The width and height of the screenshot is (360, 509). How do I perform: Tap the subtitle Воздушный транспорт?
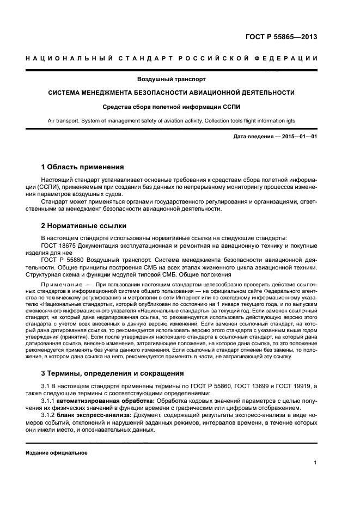point(179,79)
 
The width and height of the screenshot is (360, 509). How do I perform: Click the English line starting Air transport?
point(179,121)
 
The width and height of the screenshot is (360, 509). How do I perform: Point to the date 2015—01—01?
point(298,136)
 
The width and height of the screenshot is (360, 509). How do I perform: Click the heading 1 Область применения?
point(83,167)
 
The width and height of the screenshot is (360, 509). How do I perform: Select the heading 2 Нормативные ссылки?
point(84,225)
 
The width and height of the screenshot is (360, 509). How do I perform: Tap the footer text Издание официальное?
point(57,452)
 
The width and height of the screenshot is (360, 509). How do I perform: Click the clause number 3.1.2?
point(50,414)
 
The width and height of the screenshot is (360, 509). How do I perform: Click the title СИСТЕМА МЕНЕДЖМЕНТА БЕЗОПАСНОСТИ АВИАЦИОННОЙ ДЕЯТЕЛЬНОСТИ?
point(179,93)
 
